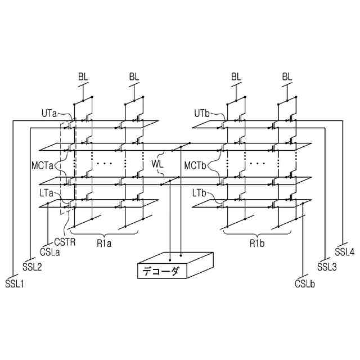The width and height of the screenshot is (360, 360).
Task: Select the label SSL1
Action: (x=15, y=283)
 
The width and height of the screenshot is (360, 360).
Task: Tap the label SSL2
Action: (x=32, y=266)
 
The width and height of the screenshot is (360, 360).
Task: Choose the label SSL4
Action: (x=344, y=251)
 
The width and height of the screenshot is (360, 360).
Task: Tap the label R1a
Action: (x=103, y=244)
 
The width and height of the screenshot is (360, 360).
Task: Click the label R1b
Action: (x=258, y=244)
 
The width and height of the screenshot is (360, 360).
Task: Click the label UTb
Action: (x=201, y=113)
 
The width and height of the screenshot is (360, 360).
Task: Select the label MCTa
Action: (x=43, y=165)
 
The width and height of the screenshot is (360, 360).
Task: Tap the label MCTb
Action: (x=196, y=165)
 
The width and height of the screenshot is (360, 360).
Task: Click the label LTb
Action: (x=200, y=193)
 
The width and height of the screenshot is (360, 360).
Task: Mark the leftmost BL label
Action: (x=83, y=76)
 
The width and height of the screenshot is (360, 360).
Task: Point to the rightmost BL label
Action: (x=287, y=76)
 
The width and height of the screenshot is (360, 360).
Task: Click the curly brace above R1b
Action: (x=258, y=232)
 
